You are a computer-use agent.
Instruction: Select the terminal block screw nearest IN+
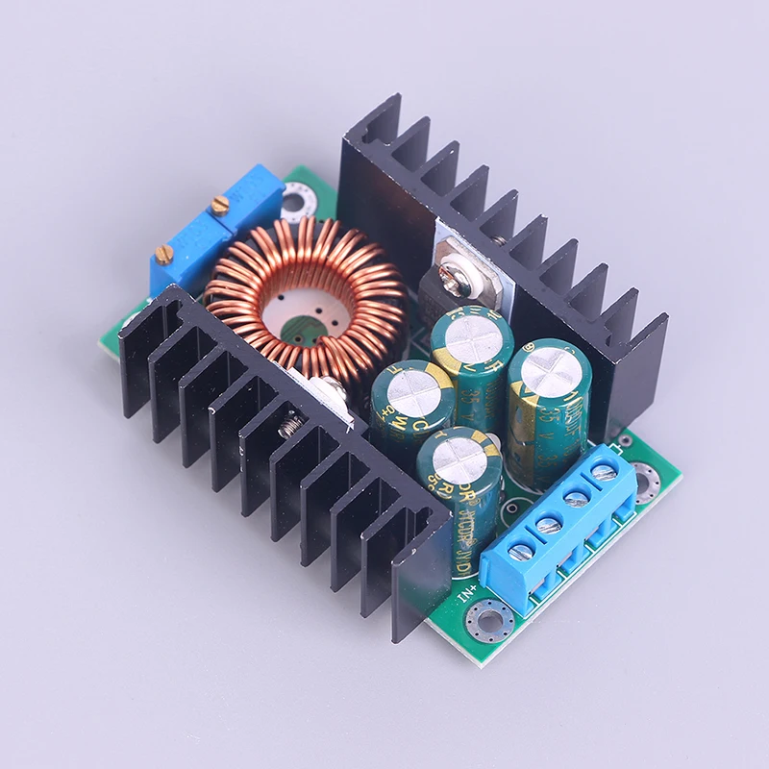pyautogui.click(x=521, y=552)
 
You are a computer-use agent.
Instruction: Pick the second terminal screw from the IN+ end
pyautogui.click(x=549, y=525)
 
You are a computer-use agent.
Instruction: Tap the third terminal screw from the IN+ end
pyautogui.click(x=578, y=498)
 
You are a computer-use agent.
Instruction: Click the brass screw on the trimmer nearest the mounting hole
pyautogui.click(x=219, y=204)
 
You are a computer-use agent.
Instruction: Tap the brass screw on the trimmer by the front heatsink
pyautogui.click(x=164, y=255)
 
